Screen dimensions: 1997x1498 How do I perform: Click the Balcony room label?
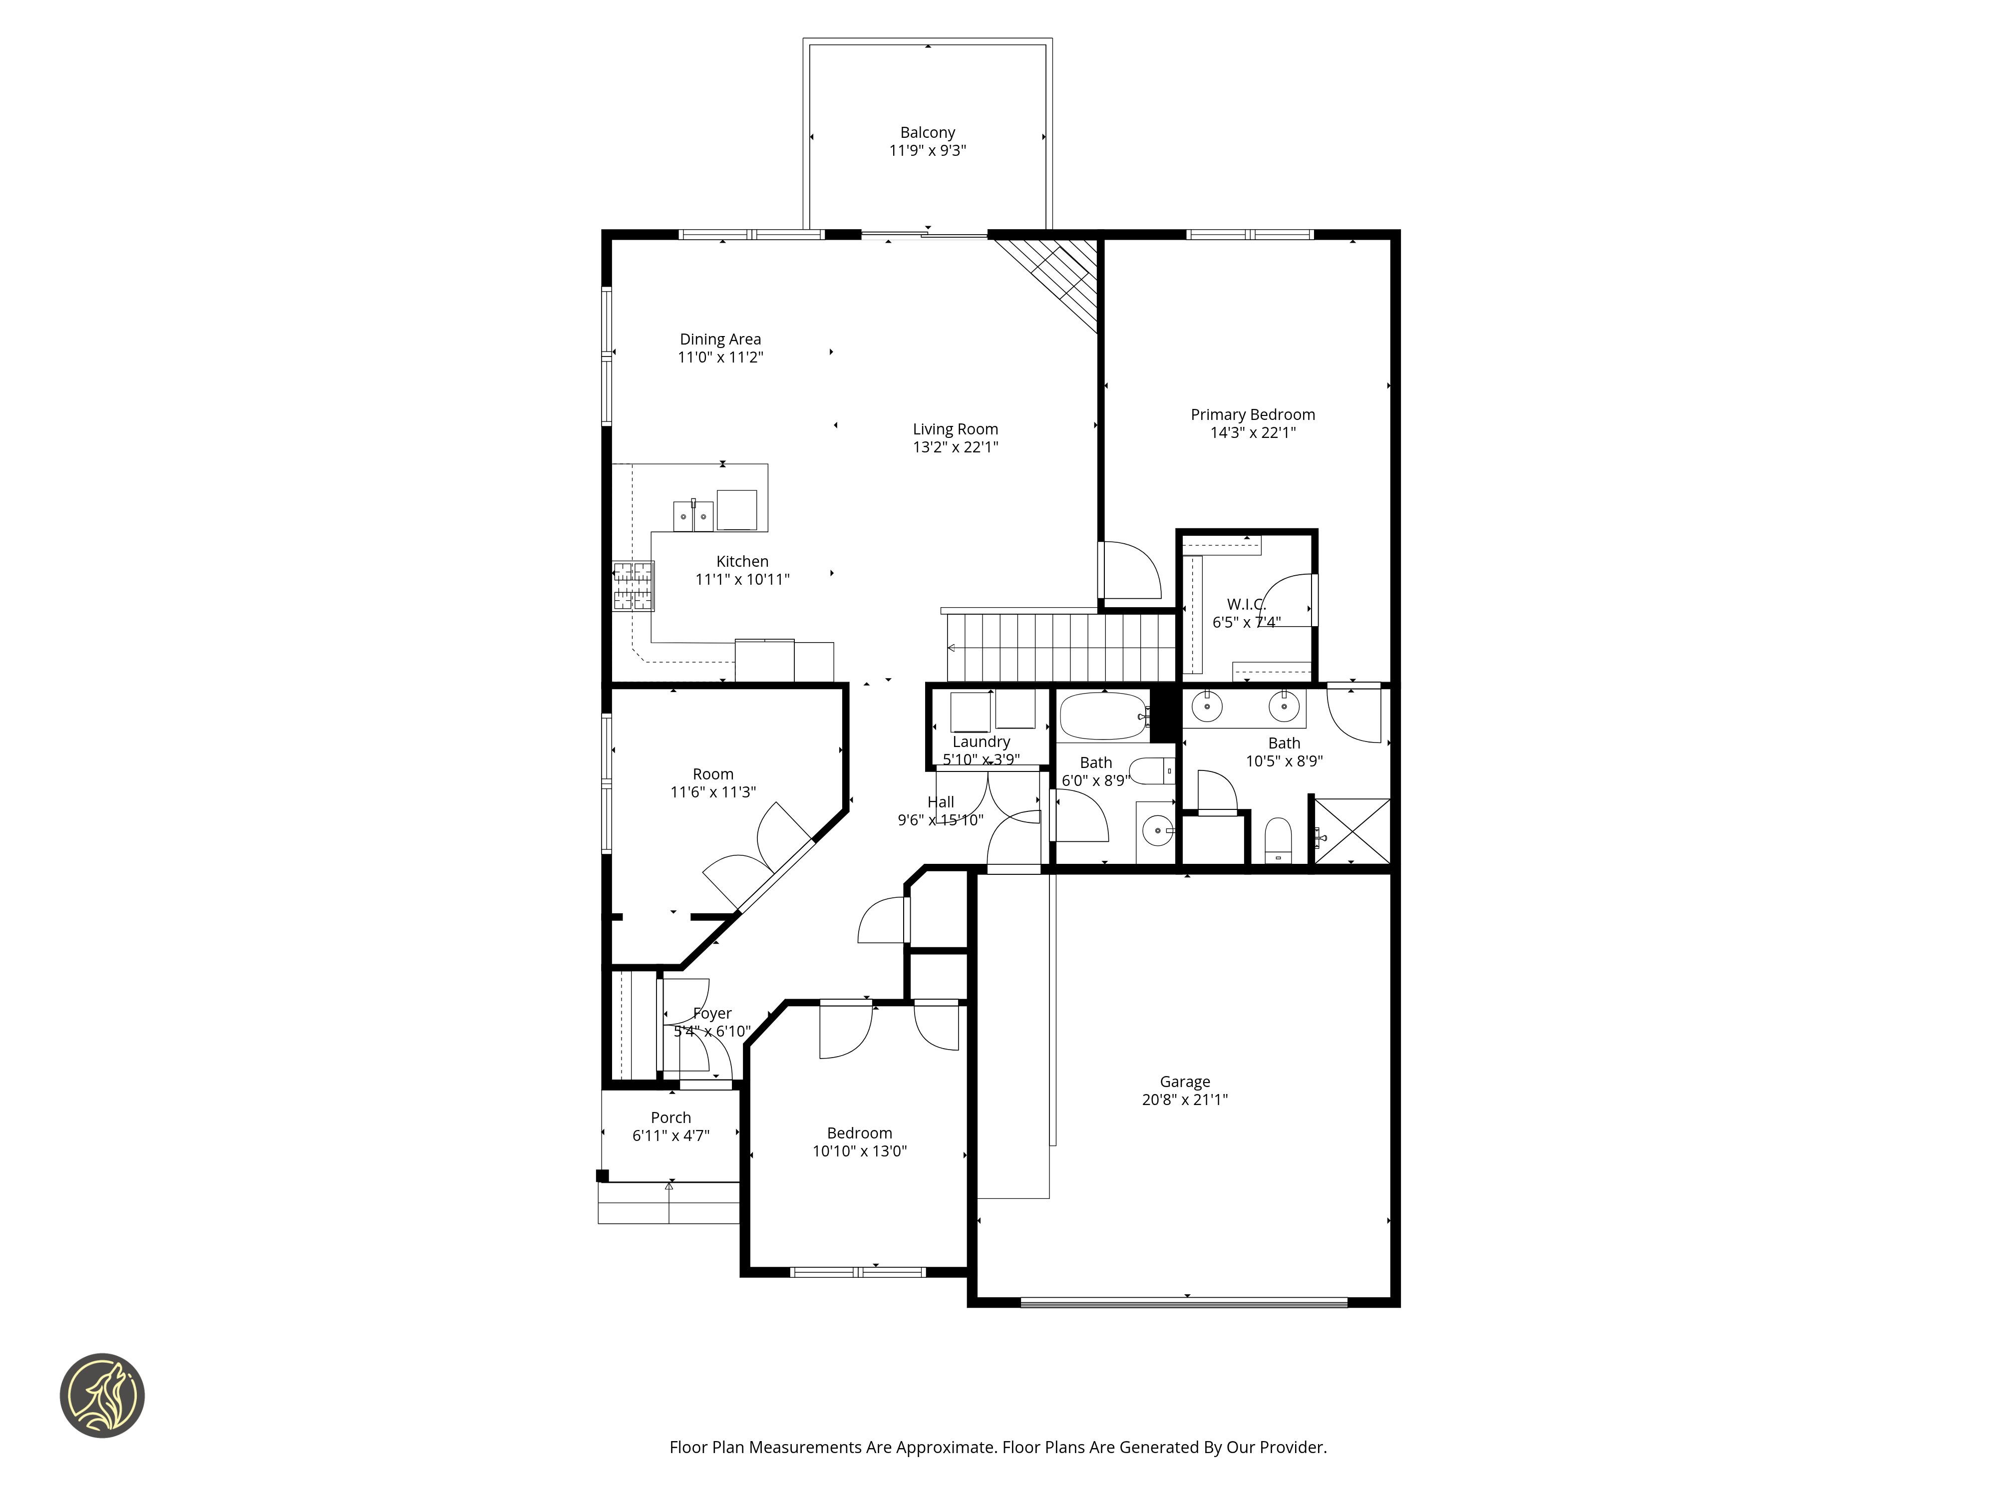point(927,133)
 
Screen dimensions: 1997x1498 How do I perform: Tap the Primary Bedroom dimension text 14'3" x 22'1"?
point(1253,432)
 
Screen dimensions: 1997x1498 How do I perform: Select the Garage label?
point(1185,1082)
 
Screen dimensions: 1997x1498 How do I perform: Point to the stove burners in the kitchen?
point(633,586)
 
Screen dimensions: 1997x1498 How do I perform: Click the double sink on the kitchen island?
point(693,516)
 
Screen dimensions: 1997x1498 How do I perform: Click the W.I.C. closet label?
point(1246,604)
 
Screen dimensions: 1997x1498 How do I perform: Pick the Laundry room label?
point(982,742)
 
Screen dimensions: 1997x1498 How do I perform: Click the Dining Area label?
point(720,340)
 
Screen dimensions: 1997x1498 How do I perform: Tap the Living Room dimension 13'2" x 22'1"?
point(955,447)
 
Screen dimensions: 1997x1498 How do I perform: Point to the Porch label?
point(671,1118)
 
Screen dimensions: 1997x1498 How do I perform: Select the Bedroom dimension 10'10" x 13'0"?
point(860,1151)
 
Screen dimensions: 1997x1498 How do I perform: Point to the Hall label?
point(941,802)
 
